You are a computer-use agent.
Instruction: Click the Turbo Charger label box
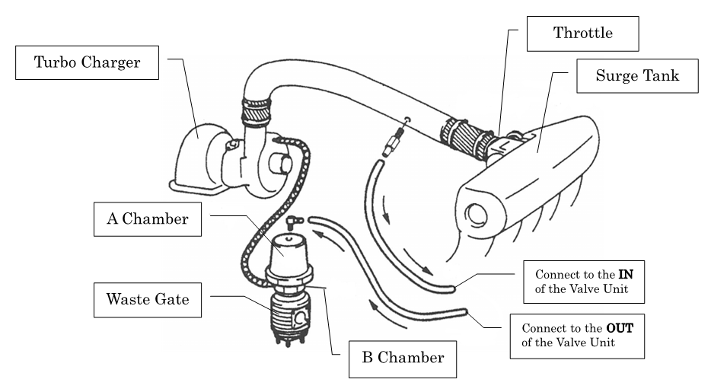(x=87, y=62)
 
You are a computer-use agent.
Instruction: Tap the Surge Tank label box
(x=637, y=75)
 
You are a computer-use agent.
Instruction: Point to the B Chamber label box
(x=403, y=355)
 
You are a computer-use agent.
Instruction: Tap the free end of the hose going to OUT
(x=463, y=311)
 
